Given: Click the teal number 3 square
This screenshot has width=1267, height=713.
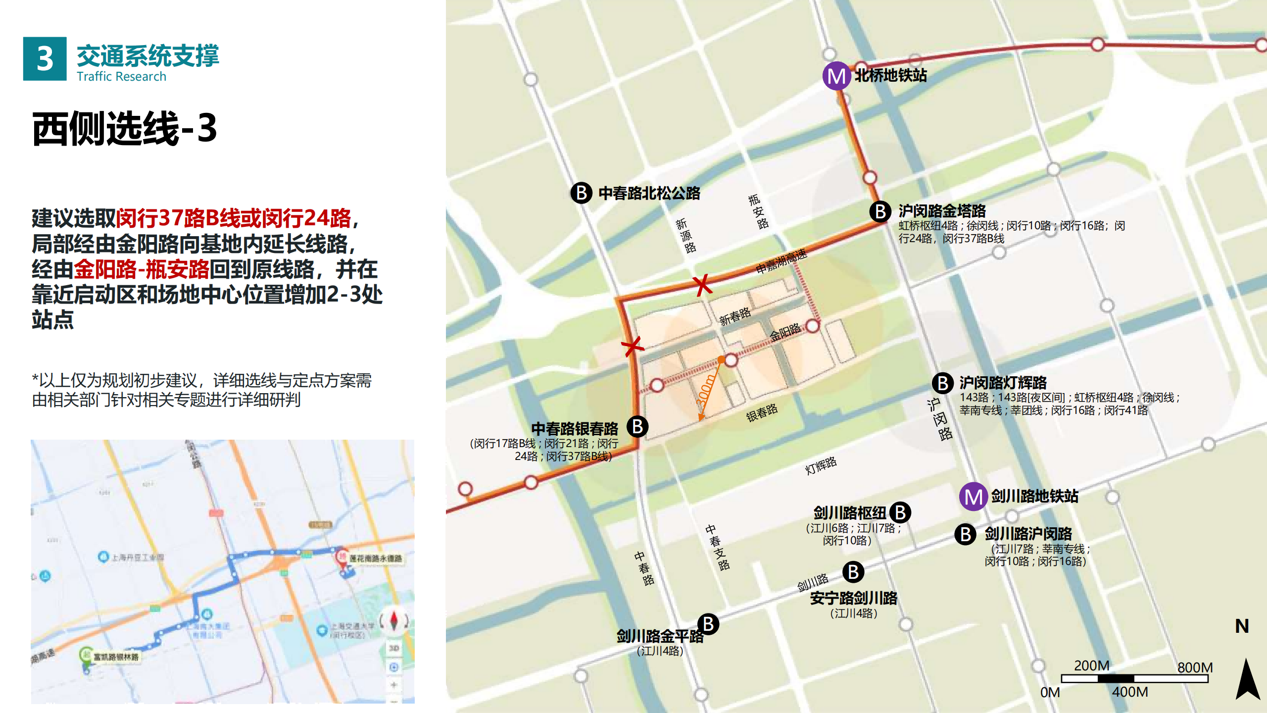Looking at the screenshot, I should (x=45, y=58).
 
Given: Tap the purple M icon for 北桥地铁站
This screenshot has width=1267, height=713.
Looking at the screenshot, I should (x=836, y=76).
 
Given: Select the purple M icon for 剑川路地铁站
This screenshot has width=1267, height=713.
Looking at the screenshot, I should (x=973, y=497).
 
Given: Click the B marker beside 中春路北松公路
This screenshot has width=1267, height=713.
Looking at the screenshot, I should (x=582, y=193).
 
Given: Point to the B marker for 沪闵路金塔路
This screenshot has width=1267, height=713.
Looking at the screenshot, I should (x=880, y=211).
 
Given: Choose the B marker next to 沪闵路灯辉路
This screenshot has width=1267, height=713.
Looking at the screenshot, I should (x=943, y=383).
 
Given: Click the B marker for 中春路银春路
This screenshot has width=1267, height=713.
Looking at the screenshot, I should (x=637, y=426).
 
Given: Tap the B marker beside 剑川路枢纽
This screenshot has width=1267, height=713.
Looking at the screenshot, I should (x=900, y=512).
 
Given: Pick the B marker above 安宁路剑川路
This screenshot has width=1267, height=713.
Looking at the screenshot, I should (x=853, y=572).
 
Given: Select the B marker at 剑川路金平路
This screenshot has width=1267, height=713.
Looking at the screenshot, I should (x=708, y=624).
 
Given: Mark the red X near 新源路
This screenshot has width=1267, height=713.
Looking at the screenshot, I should (x=702, y=285).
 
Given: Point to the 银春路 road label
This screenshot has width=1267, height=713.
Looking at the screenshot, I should (x=762, y=412).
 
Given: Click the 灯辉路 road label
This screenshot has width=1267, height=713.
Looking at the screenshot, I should (x=821, y=465).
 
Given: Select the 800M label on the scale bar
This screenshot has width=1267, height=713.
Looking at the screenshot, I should (x=1194, y=667).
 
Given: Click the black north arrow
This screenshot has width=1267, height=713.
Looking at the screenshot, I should (x=1247, y=679).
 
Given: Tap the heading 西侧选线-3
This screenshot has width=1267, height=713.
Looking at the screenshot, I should (x=125, y=128).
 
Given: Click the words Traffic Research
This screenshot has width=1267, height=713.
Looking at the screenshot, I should (x=121, y=76).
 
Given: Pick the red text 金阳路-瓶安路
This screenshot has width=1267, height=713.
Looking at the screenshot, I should (x=141, y=269).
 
